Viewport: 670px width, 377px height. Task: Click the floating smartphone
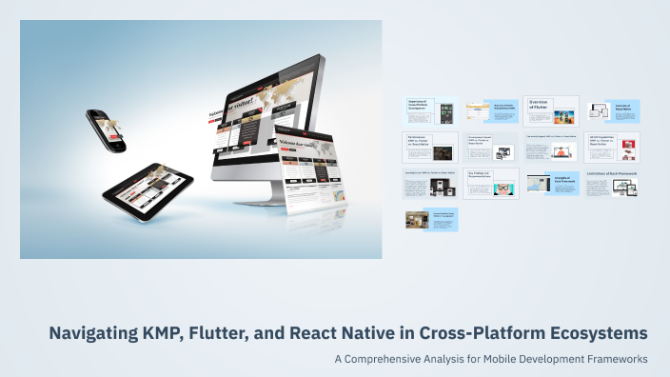pyautogui.click(x=106, y=129)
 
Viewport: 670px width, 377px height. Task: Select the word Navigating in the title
pyautogui.click(x=100, y=333)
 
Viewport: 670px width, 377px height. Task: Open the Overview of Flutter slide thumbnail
pyautogui.click(x=551, y=111)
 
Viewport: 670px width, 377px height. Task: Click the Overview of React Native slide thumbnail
pyautogui.click(x=611, y=111)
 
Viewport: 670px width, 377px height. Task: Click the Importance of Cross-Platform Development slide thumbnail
pyautogui.click(x=430, y=111)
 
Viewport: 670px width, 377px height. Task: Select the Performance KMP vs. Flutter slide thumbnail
pyautogui.click(x=430, y=147)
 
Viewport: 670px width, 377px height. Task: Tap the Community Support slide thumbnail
pyautogui.click(x=551, y=147)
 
